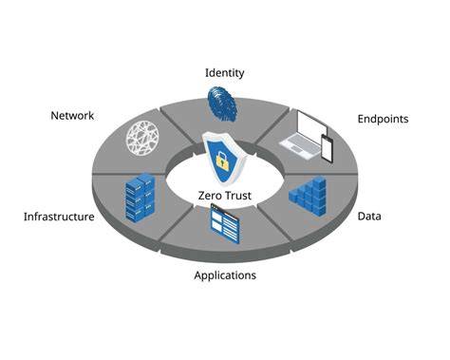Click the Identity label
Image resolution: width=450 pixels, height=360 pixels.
pos(225,73)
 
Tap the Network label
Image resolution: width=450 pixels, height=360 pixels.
pos(72,116)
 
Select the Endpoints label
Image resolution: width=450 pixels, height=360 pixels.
pos(383,120)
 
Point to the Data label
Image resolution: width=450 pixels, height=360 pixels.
pos(369,217)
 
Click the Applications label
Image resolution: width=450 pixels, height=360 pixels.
pos(225,275)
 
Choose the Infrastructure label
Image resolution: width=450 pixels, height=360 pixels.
pos(59,217)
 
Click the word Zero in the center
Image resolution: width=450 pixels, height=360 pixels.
pos(211,196)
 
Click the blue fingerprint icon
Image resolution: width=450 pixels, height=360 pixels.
pos(222,104)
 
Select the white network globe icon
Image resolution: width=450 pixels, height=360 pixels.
pos(142,139)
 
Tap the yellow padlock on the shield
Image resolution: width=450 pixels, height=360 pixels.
pos(222,161)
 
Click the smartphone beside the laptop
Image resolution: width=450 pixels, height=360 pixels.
pos(328,148)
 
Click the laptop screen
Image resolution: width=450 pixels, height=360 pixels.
pos(312,124)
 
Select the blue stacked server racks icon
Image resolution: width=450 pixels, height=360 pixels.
pos(140,198)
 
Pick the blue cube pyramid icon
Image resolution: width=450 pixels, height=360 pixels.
pos(308,196)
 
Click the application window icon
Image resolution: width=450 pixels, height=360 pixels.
pos(225,223)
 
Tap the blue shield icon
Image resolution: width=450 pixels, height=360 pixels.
pos(222,158)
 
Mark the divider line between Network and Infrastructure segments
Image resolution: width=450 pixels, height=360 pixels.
pos(129,174)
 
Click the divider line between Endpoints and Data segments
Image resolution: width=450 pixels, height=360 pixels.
pos(321,174)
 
